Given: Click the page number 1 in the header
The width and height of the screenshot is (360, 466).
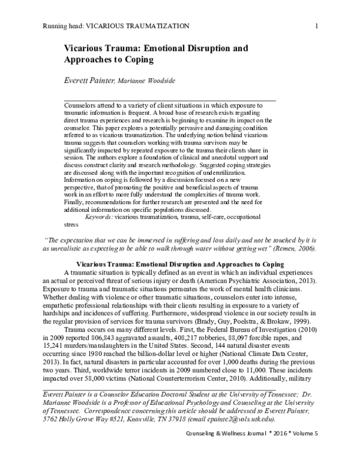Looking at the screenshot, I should (316, 25).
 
